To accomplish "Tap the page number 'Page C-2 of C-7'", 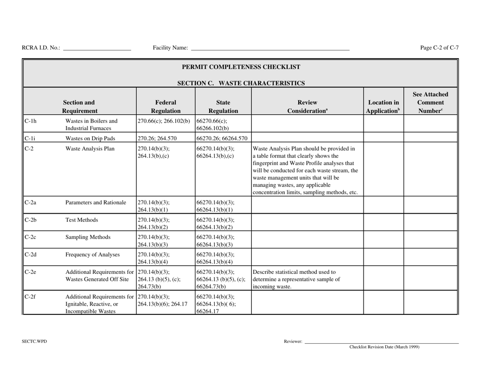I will pos(439,48).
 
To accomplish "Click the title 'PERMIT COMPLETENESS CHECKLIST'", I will pos(240,67).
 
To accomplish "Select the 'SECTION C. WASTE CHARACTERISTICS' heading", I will pos(240,83).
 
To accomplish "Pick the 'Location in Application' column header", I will pos(383,101).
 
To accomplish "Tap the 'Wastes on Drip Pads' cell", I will pos(91,137).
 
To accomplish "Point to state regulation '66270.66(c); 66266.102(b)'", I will pos(216,125).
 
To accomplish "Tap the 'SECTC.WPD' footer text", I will pos(34,341).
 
